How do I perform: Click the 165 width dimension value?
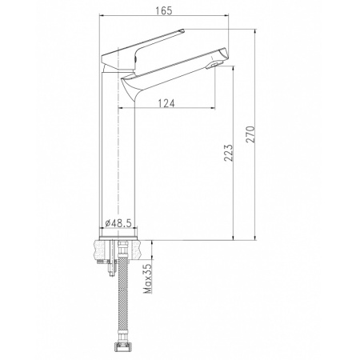[x=163, y=10]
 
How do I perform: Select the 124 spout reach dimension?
[x=166, y=103]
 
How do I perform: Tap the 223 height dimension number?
[x=229, y=153]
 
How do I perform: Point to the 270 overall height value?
[x=250, y=134]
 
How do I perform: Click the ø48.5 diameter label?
[x=118, y=223]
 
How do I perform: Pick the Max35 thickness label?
[x=148, y=278]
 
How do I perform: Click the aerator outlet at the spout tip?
[x=214, y=66]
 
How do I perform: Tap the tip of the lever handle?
[x=184, y=30]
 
